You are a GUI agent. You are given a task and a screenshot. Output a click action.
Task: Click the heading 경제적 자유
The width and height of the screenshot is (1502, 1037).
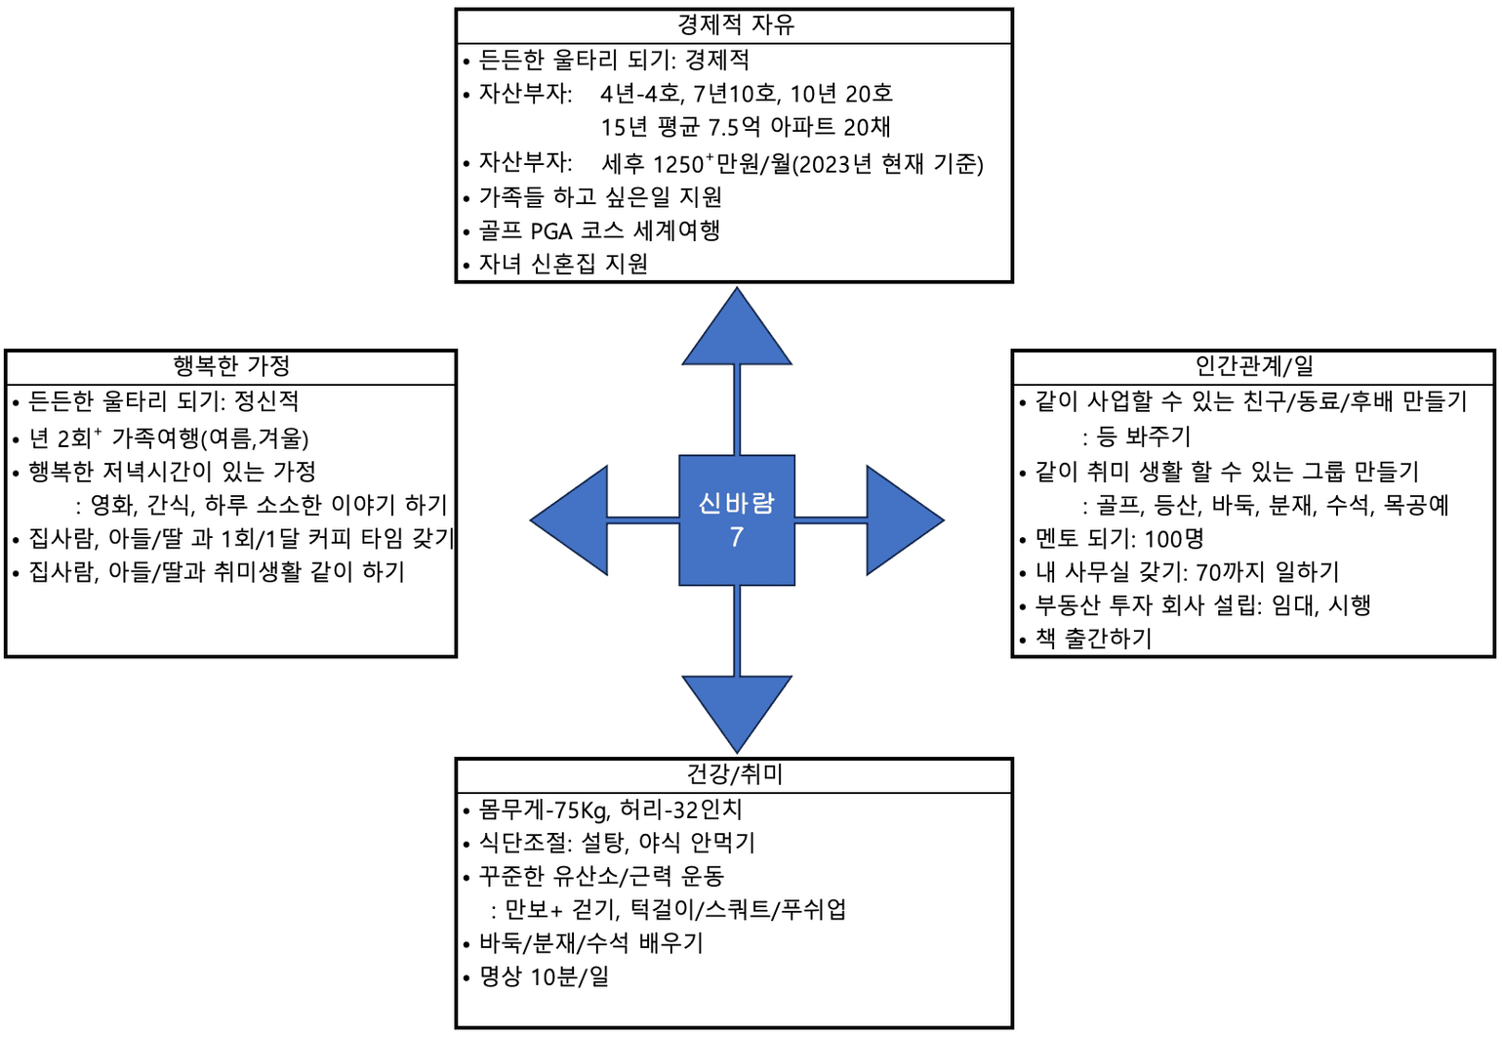pos(735,25)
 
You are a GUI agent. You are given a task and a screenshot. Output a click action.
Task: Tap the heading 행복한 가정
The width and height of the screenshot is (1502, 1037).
pos(231,366)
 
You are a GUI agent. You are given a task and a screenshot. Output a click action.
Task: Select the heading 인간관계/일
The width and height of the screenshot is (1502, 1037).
pos(1254,366)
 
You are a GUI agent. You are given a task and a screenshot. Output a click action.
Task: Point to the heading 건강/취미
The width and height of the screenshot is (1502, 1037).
pos(735,774)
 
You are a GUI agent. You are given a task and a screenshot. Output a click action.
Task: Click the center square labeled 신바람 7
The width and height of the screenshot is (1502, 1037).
pos(737,520)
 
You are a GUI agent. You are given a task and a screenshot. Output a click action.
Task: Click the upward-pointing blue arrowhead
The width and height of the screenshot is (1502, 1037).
pos(737,327)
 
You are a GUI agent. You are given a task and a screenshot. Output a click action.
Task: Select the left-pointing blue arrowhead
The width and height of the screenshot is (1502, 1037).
pos(569,520)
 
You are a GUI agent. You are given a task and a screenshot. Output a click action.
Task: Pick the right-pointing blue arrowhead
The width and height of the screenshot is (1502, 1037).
pos(906,520)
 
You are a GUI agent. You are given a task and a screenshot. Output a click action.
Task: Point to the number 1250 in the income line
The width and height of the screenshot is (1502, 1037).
pos(678,164)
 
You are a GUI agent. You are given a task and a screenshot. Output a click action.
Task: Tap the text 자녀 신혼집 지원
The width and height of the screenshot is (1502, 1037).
pos(563,265)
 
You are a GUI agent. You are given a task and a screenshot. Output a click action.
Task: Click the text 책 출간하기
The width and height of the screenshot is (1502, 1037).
pos(1094,639)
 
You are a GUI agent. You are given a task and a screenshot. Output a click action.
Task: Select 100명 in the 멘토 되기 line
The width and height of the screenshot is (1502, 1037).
pos(1174,539)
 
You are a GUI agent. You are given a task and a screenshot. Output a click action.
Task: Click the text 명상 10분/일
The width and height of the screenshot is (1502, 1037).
pos(544,977)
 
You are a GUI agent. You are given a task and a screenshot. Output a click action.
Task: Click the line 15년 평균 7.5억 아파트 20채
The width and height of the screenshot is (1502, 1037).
pos(746,127)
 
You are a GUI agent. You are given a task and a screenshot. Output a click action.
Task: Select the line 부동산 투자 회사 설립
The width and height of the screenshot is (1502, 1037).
pos(1203,605)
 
